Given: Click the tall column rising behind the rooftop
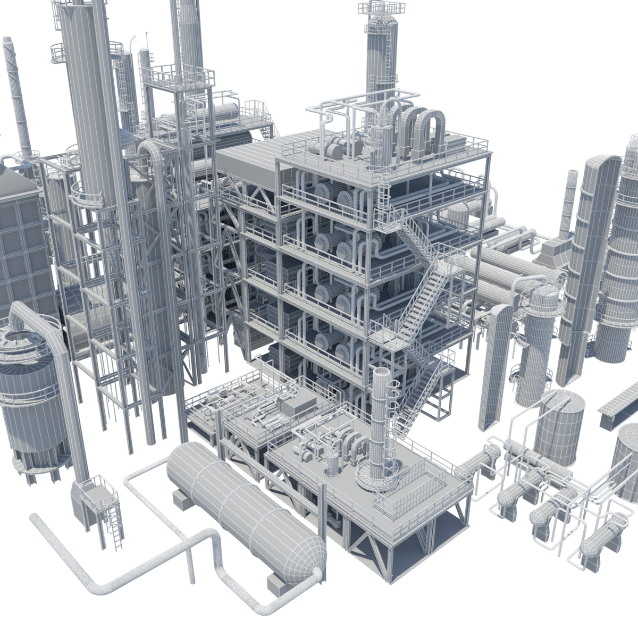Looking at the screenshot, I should pos(380,53).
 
